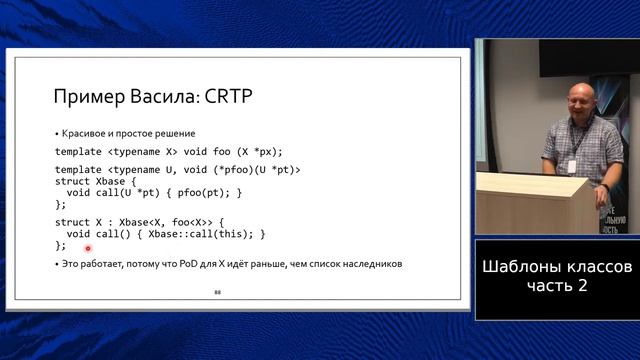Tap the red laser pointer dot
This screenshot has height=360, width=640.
[88, 248]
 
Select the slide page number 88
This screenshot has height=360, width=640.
[217, 292]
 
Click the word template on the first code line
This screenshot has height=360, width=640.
[79, 151]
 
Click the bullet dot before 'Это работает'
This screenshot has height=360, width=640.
[56, 264]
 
